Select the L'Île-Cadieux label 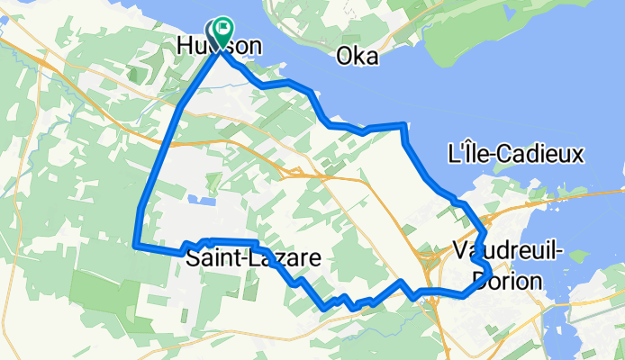516,155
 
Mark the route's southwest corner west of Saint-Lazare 135,244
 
